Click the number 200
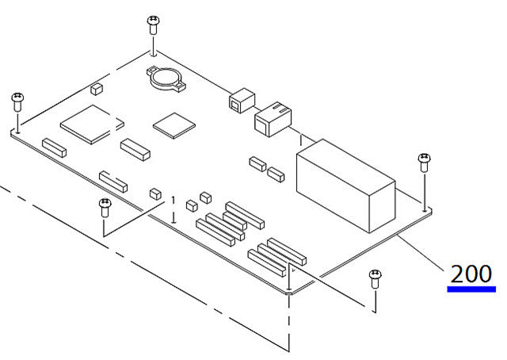(471, 274)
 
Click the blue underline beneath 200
(471, 289)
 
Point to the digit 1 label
(173, 202)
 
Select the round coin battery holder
(165, 78)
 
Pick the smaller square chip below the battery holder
(173, 124)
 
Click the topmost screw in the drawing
(151, 22)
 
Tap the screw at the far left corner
(16, 101)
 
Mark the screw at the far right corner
(424, 163)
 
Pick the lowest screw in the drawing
(374, 277)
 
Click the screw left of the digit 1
(104, 207)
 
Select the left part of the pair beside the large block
(257, 164)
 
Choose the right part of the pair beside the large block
(276, 172)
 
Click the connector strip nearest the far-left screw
(55, 147)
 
